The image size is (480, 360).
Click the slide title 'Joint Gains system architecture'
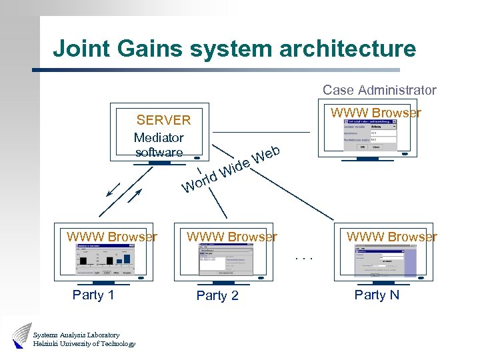tap(234, 49)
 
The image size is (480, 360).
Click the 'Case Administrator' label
tap(379, 90)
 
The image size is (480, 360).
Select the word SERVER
tap(163, 120)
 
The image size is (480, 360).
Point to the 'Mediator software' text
tap(159, 145)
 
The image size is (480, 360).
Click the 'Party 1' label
tap(93, 295)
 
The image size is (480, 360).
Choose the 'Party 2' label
tap(217, 295)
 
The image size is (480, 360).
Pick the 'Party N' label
tap(377, 295)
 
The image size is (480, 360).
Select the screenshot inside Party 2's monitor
tap(227, 259)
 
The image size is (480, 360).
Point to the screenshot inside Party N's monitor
tap(384, 260)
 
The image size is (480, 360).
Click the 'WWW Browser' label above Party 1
tap(112, 237)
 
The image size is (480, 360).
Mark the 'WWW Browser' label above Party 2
tap(232, 237)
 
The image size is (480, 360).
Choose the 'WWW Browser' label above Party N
tap(392, 237)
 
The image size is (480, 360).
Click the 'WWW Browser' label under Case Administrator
tap(376, 113)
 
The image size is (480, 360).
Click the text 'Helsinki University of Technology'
tap(84, 344)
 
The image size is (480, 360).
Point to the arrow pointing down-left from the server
tap(113, 192)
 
